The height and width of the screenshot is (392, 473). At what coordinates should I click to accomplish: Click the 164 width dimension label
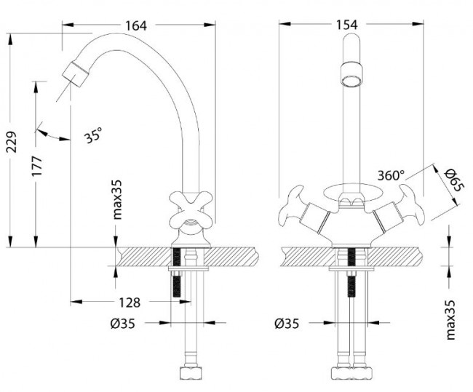(136, 25)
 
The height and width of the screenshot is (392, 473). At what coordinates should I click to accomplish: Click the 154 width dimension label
(347, 25)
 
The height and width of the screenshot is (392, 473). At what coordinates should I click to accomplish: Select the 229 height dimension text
(12, 142)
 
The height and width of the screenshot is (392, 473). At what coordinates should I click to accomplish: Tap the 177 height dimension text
(37, 166)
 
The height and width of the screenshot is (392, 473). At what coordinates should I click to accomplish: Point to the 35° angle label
(93, 135)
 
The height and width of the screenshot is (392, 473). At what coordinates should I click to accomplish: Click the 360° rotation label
(391, 175)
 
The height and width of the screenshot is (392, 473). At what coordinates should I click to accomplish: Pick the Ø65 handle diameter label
(453, 180)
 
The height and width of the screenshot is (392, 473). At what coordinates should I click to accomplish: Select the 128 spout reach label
(130, 303)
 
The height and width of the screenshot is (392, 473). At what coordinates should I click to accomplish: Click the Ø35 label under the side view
(122, 324)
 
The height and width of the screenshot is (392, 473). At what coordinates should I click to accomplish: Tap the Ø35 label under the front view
(287, 324)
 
